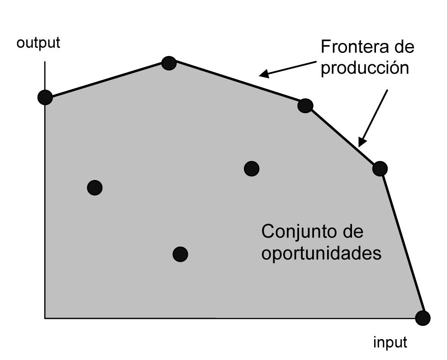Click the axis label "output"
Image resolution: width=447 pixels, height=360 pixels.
[x=38, y=43]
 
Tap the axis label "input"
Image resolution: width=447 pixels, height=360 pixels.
[x=390, y=342]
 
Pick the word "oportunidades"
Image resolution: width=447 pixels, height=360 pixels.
[x=321, y=253]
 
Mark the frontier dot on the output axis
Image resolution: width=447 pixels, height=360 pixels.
[x=45, y=97]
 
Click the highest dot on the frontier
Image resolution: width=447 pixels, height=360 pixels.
[x=169, y=63]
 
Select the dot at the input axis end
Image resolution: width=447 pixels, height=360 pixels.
[x=423, y=318]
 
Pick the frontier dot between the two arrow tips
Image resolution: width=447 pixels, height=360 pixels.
[x=305, y=106]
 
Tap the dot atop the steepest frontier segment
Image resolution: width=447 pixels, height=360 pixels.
[x=380, y=169]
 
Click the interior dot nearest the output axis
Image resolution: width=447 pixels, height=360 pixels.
[x=95, y=187]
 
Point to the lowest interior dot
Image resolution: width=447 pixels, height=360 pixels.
[x=180, y=254]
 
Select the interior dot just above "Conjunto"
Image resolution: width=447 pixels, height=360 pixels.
[x=252, y=169]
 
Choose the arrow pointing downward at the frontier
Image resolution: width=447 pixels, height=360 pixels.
[x=374, y=118]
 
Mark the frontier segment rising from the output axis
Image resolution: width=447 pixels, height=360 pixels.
[x=107, y=80]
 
